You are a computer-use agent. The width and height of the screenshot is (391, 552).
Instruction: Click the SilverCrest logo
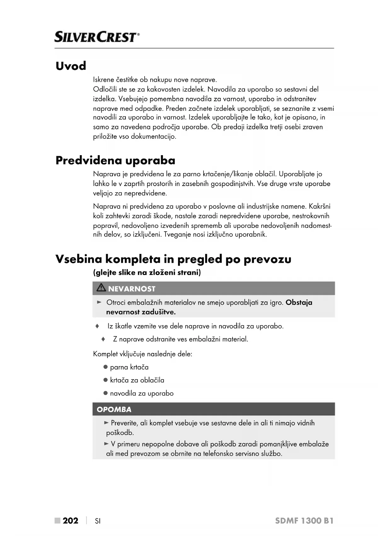tap(97, 37)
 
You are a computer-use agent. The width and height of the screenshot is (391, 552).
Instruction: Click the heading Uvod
tap(71, 66)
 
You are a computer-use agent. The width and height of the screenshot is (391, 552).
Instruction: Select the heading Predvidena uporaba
tap(115, 161)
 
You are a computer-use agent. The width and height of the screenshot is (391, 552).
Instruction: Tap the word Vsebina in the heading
tap(79, 259)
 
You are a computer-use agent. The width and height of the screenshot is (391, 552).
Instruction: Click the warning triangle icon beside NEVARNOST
tap(101, 288)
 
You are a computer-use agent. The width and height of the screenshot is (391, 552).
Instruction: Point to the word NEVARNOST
tap(132, 289)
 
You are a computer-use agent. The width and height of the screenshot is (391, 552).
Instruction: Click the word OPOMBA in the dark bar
tap(114, 409)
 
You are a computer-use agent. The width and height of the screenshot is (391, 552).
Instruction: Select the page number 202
tap(71, 521)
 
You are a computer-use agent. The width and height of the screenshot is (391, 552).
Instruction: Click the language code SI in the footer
tap(98, 521)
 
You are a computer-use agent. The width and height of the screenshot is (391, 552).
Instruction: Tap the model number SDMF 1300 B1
tap(304, 521)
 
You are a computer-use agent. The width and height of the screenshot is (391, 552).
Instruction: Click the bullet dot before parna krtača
tap(106, 367)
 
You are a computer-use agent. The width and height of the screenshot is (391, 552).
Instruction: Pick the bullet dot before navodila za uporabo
tap(106, 393)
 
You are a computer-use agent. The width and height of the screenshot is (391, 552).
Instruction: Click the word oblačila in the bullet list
tap(152, 380)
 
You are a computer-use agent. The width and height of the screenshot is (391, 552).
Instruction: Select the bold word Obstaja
tap(299, 302)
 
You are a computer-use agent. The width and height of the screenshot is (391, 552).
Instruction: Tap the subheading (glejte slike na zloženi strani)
tap(147, 273)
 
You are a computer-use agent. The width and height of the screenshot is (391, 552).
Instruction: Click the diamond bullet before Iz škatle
tap(97, 326)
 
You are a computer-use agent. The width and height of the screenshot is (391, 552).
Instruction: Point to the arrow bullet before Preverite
tap(106, 423)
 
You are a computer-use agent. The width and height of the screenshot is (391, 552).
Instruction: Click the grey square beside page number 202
tap(57, 521)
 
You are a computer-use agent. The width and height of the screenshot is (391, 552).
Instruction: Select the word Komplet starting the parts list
tap(105, 354)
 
